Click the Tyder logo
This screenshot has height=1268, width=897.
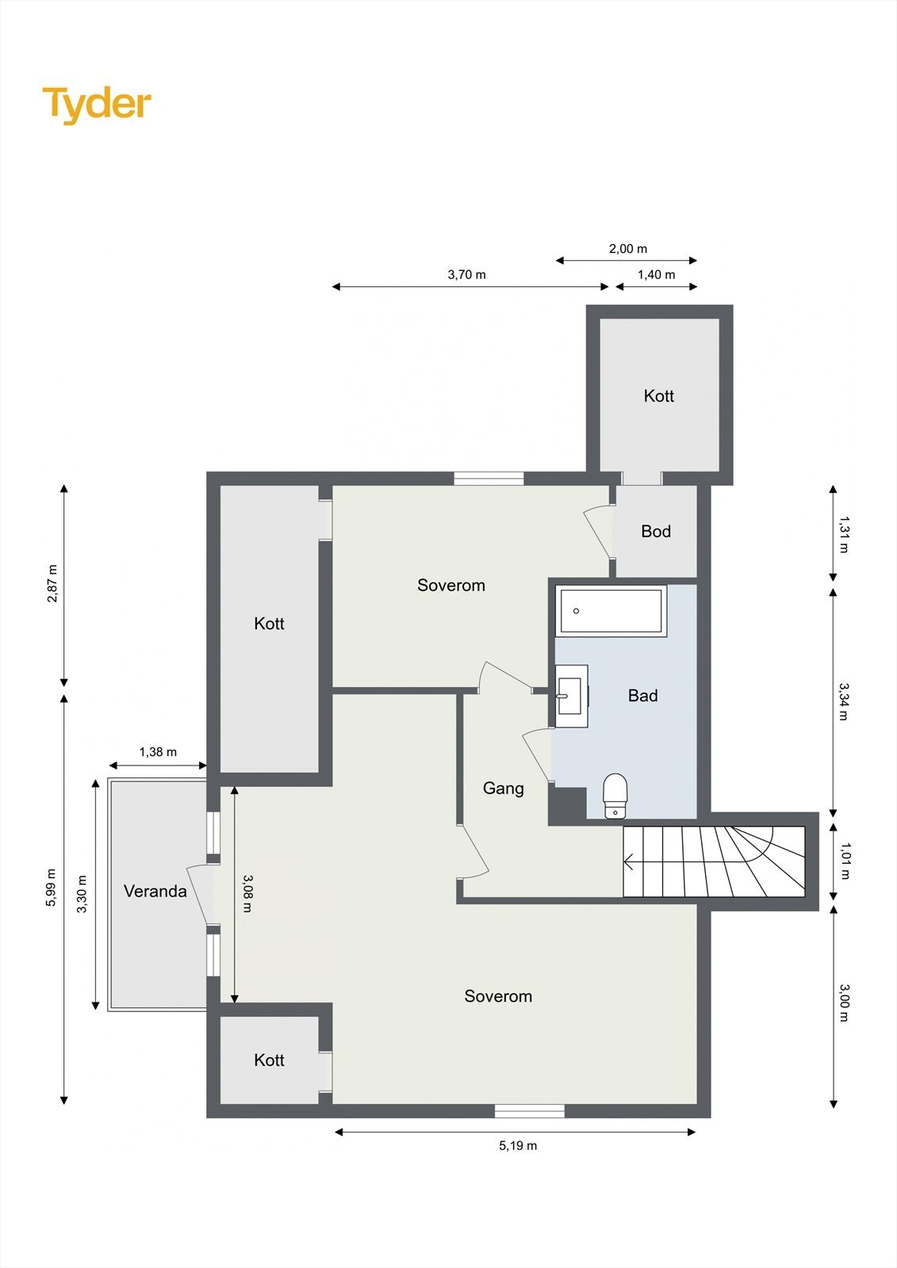(x=97, y=104)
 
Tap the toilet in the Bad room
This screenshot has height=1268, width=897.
(x=615, y=795)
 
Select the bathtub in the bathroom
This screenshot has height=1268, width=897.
(x=611, y=610)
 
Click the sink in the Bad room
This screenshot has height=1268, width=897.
(x=571, y=696)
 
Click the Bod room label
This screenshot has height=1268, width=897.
(x=656, y=532)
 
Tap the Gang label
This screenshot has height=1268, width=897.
(x=504, y=789)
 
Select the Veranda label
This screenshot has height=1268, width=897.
(x=155, y=892)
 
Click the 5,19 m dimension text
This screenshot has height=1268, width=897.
(x=518, y=1146)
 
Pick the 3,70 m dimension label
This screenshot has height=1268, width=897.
(x=466, y=275)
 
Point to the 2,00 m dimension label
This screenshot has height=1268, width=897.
(x=627, y=249)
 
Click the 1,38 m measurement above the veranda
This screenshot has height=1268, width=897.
(x=158, y=752)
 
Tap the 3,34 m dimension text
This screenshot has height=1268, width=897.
(x=844, y=701)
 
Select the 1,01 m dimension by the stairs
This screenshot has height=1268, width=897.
(x=844, y=861)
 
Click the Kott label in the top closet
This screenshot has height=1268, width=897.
(x=659, y=396)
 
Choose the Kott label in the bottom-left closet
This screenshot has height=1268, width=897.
(x=269, y=1060)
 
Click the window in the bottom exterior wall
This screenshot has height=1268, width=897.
(x=529, y=1111)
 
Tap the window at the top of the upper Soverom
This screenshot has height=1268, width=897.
(x=489, y=478)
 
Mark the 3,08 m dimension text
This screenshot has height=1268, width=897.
(x=247, y=893)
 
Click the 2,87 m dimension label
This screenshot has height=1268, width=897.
(x=52, y=583)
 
